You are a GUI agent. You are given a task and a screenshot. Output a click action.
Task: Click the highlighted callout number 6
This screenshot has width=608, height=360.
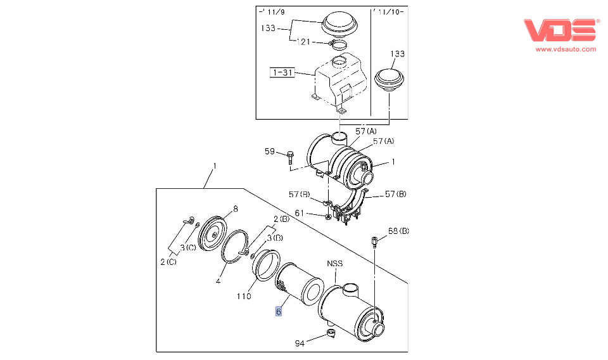point(278,312)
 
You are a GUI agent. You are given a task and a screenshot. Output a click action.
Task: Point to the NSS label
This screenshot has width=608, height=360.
point(334,263)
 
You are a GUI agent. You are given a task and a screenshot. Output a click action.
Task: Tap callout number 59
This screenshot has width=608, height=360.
point(270,152)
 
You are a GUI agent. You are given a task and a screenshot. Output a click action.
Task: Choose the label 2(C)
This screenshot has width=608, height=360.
point(168,261)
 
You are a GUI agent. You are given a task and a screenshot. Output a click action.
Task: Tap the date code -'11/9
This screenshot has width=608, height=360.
point(271,12)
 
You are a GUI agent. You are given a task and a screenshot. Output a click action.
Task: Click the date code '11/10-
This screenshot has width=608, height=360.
point(389,12)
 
